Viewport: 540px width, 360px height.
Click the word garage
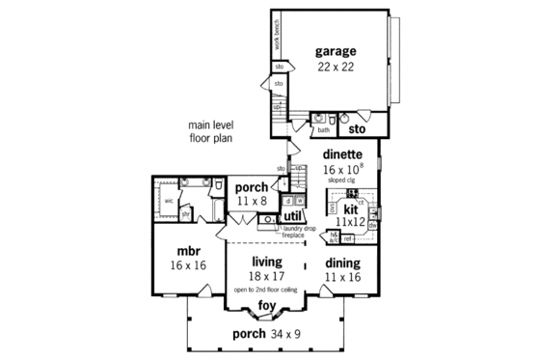[336, 51]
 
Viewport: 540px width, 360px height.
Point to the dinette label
[342, 153]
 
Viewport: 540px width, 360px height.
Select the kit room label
[351, 208]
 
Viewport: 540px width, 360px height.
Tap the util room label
[293, 216]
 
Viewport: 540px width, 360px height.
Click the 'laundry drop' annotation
[300, 228]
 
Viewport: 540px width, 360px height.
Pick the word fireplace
[293, 235]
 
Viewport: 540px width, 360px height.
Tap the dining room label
[342, 263]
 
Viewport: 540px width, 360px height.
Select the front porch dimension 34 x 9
[285, 335]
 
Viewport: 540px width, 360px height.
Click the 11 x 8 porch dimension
[252, 203]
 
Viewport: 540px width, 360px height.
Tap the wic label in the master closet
[169, 201]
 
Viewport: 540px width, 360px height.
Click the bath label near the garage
[324, 128]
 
